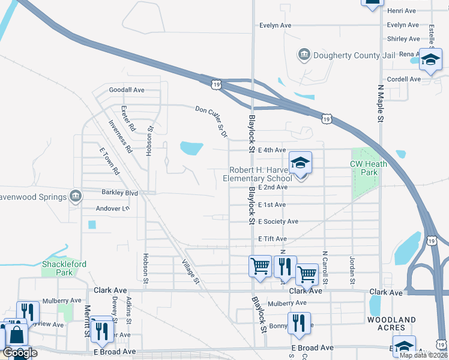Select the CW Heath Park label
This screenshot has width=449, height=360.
[x=365, y=168]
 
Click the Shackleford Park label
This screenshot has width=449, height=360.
[x=64, y=268]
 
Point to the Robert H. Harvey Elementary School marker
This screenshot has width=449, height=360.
[x=301, y=163]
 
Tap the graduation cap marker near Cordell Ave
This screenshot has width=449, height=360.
[x=430, y=61]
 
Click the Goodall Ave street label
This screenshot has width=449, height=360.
[x=127, y=90]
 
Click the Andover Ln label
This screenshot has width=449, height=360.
[x=113, y=209]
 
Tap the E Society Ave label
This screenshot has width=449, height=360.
[x=278, y=221]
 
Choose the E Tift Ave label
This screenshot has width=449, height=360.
[x=273, y=239]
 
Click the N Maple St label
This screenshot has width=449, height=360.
[x=380, y=104]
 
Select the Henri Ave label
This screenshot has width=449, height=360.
[x=402, y=11]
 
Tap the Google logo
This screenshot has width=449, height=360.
[x=20, y=353]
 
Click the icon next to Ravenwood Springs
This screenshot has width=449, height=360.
[x=76, y=196]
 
